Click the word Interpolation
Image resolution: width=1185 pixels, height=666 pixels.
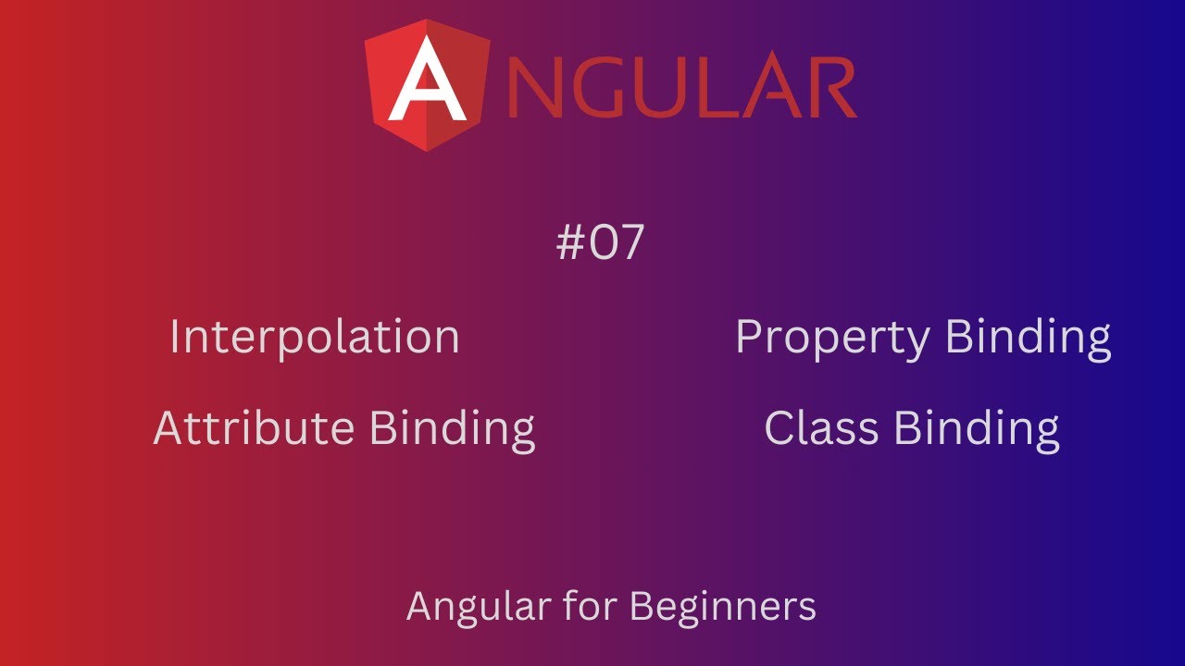[x=315, y=337]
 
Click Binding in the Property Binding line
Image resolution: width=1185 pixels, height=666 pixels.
[x=1028, y=339]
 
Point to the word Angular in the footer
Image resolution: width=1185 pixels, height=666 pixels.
[x=477, y=608]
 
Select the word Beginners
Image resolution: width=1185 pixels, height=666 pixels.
[x=722, y=608]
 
